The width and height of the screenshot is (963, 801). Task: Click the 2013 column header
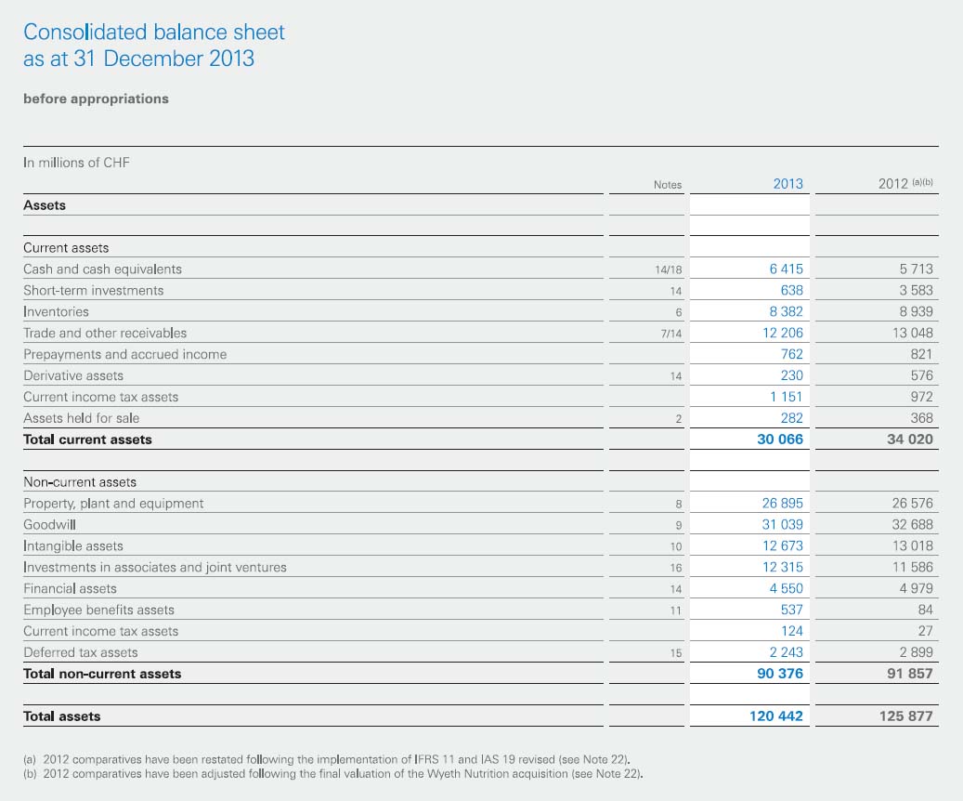pyautogui.click(x=788, y=184)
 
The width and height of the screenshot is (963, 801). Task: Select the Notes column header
pyautogui.click(x=668, y=185)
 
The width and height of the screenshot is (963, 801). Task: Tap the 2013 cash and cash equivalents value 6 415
pyautogui.click(x=787, y=269)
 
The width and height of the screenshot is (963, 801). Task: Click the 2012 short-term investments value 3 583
pyautogui.click(x=916, y=290)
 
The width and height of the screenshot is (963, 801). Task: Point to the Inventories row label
pyautogui.click(x=56, y=311)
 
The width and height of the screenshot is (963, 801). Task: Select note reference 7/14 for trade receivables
pyautogui.click(x=671, y=334)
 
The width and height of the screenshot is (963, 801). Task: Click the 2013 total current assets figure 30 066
pyautogui.click(x=780, y=440)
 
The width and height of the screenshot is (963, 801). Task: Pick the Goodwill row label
pyautogui.click(x=50, y=524)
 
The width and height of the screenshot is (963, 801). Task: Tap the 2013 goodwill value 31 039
pyautogui.click(x=783, y=524)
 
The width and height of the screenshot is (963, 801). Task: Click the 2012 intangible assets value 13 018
pyautogui.click(x=913, y=545)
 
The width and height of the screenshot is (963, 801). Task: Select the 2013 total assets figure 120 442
pyautogui.click(x=776, y=716)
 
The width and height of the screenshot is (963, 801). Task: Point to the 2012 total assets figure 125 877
pyautogui.click(x=905, y=716)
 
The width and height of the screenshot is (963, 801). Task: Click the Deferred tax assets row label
pyautogui.click(x=81, y=652)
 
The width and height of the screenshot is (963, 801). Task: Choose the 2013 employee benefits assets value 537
pyautogui.click(x=791, y=610)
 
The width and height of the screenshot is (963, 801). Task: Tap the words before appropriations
pyautogui.click(x=96, y=99)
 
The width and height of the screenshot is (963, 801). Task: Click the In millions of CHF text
pyautogui.click(x=76, y=163)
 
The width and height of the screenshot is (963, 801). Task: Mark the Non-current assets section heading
pyautogui.click(x=80, y=482)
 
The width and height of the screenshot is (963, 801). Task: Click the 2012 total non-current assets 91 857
pyautogui.click(x=909, y=674)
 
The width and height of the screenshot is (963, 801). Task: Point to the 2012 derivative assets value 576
pyautogui.click(x=922, y=375)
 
